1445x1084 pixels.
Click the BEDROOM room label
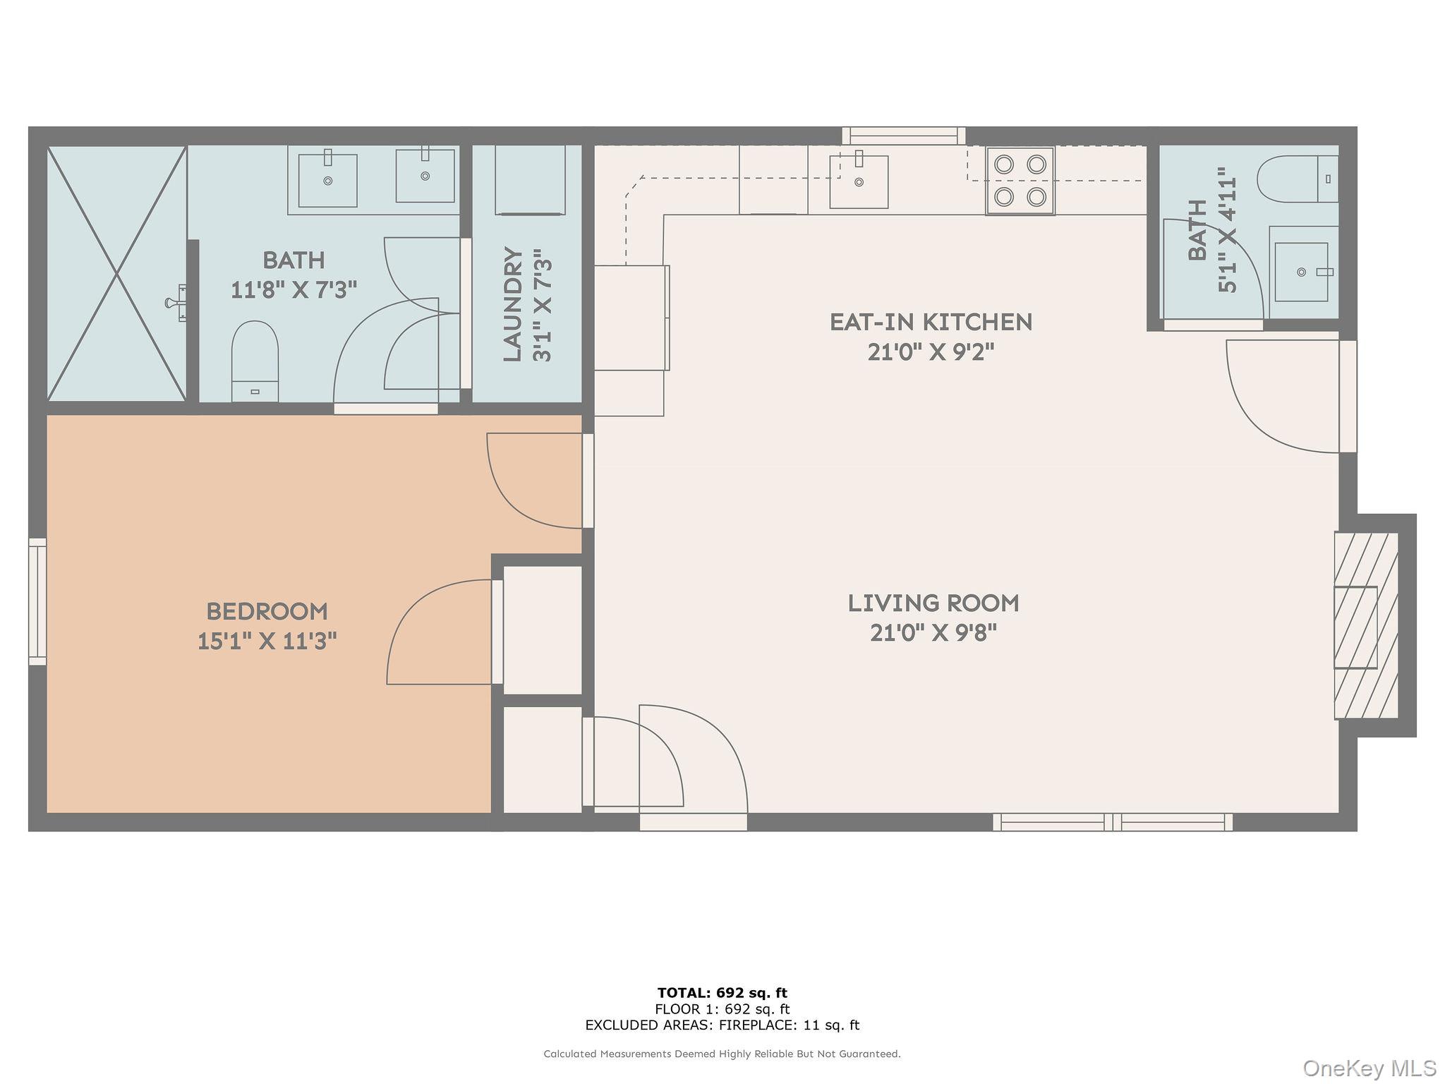267,611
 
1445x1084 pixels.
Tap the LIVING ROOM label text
933,603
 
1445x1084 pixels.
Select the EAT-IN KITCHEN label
931,323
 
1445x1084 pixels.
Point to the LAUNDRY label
513,305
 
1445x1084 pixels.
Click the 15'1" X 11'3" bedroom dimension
267,641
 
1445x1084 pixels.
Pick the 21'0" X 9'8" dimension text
933,633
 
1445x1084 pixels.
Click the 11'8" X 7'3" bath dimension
294,289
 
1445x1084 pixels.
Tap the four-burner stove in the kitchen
1020,181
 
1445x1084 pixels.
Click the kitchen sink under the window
859,179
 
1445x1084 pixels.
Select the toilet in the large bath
255,361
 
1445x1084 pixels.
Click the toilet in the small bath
1298,179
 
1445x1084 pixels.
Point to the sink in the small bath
1302,272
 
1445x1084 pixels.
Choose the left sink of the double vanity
327,179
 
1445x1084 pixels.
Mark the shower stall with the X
116,274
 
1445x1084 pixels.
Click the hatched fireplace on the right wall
1366,625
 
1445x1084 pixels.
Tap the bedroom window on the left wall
37,601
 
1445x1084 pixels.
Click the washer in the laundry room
530,179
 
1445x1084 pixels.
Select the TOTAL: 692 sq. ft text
722,993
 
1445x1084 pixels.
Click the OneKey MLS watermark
1370,1068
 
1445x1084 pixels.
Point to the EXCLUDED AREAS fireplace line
722,1025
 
